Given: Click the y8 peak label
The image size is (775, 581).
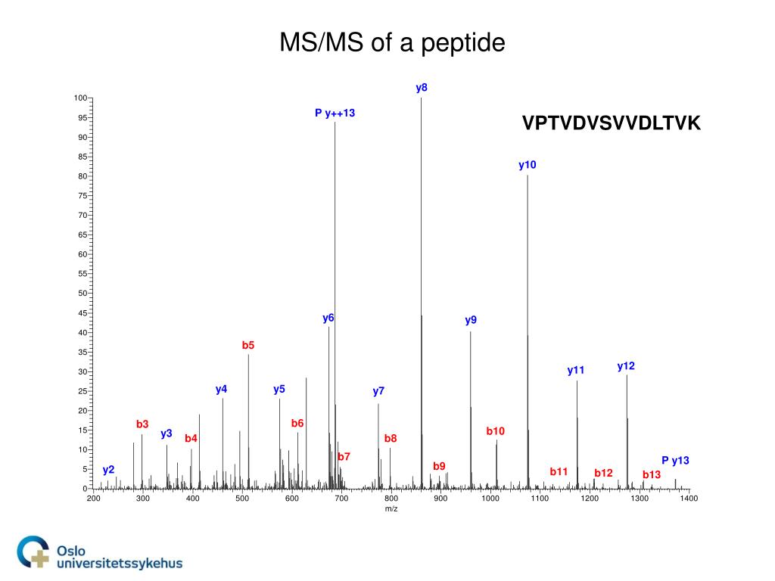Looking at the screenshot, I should [x=422, y=88].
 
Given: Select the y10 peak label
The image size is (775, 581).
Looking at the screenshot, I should [x=527, y=165].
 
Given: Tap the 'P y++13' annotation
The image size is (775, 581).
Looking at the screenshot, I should [x=335, y=113].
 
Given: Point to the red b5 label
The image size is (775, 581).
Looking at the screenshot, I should [x=248, y=346].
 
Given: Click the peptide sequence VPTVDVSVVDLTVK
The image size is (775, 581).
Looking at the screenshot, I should [x=612, y=123].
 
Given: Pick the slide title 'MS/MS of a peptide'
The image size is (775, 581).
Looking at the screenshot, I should [x=392, y=43].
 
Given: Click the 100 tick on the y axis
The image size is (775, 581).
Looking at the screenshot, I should [x=80, y=98].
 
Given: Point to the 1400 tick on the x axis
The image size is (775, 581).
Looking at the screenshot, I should [x=689, y=499].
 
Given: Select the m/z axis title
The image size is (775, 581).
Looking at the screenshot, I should [x=391, y=509].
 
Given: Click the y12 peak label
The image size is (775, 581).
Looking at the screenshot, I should [x=626, y=366].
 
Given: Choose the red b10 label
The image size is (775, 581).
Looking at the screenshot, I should [x=495, y=431].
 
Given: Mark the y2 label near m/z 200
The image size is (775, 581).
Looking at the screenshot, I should [x=109, y=470].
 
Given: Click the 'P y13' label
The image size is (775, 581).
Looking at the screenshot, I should [x=675, y=460].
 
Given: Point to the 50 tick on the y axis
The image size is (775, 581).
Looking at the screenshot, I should [x=82, y=294].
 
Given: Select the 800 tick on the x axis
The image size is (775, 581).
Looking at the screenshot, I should [x=391, y=499].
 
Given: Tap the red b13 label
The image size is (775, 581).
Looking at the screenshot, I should [x=652, y=475].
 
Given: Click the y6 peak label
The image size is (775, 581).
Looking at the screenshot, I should [x=328, y=318].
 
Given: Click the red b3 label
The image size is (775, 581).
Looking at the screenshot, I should [x=142, y=424].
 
